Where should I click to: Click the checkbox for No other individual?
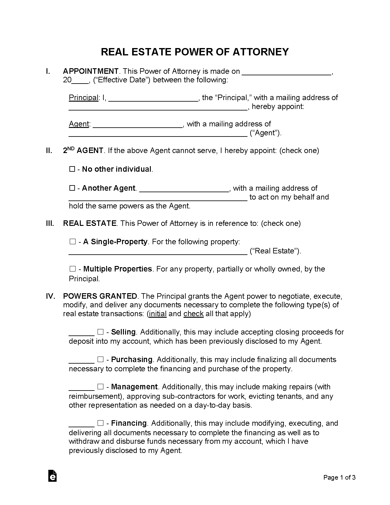(72, 169)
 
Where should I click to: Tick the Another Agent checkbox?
(72, 188)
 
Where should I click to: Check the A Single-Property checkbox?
(72, 242)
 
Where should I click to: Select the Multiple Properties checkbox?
(72, 269)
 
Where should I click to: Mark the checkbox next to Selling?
(100, 332)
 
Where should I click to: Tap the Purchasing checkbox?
(100, 360)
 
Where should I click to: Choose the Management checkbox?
(100, 387)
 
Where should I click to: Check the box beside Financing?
(100, 423)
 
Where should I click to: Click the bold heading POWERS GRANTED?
(100, 296)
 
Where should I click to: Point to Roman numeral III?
(50, 223)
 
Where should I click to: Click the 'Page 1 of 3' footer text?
(340, 477)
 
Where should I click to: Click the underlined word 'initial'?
(158, 314)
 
